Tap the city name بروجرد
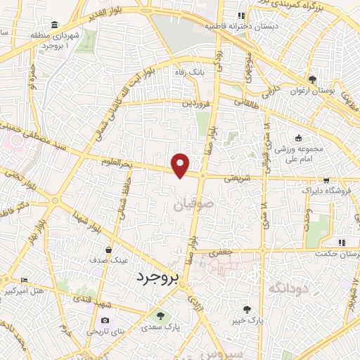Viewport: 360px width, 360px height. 160,278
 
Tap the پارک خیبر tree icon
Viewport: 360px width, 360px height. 247,309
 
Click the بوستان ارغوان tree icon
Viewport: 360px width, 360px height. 312,80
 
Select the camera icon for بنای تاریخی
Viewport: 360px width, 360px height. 105,321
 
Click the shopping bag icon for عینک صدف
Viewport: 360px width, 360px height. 109,248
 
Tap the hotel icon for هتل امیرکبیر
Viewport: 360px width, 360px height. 25,280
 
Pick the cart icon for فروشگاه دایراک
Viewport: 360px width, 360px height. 326,180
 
